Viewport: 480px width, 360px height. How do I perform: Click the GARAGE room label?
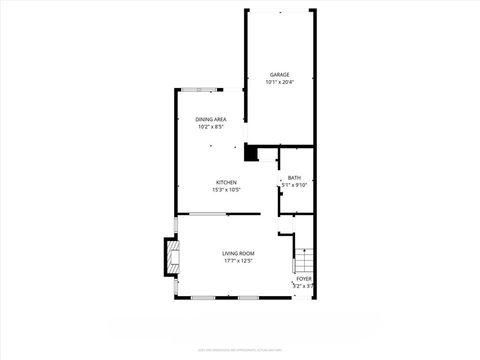pos(279,75)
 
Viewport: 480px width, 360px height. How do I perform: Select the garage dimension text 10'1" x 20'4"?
pos(279,82)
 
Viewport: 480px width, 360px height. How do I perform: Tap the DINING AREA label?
pos(210,120)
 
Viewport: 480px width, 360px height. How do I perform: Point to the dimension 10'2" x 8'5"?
pos(210,127)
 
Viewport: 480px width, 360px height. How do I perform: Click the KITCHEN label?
pos(226,183)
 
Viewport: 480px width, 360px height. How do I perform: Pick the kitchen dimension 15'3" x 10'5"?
pos(226,190)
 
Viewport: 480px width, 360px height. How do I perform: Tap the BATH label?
pos(294,178)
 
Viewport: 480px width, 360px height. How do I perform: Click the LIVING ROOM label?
pos(239,254)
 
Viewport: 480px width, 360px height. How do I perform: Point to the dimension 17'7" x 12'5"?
pos(239,261)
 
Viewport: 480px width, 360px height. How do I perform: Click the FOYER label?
pos(304,279)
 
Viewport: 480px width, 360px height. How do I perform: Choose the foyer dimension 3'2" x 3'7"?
pos(303,286)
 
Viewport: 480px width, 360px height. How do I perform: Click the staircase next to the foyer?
pos(304,260)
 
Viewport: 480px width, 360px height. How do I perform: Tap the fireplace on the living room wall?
pos(172,257)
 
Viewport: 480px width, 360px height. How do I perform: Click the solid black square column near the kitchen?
pos(251,153)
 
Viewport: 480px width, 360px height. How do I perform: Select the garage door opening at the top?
pos(279,10)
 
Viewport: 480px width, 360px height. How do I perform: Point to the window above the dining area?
pos(199,90)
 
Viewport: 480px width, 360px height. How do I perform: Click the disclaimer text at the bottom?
pos(240,350)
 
